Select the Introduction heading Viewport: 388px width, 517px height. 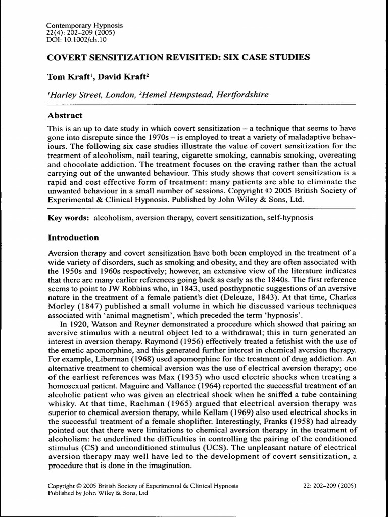click(x=73, y=237)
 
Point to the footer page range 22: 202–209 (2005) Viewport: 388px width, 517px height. click(x=327, y=486)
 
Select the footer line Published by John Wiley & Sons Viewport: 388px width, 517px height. click(x=98, y=493)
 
